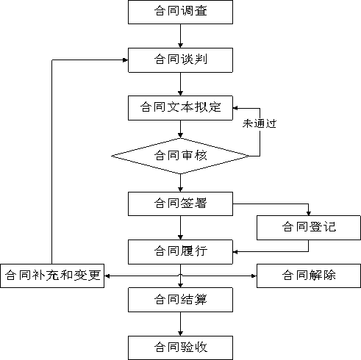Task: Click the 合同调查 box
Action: pyautogui.click(x=180, y=12)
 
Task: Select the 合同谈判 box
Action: pyautogui.click(x=180, y=60)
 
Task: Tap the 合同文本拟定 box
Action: pyautogui.click(x=180, y=108)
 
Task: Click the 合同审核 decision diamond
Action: pyautogui.click(x=180, y=156)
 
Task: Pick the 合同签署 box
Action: pyautogui.click(x=180, y=204)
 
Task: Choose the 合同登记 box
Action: pyautogui.click(x=309, y=228)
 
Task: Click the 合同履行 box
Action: pyautogui.click(x=180, y=252)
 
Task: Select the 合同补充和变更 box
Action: pyautogui.click(x=52, y=276)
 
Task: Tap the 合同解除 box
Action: pyautogui.click(x=309, y=276)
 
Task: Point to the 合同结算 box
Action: pyautogui.click(x=180, y=300)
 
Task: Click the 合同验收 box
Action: pyautogui.click(x=180, y=348)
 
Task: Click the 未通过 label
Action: pyautogui.click(x=260, y=123)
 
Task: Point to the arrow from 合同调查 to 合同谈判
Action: pyautogui.click(x=180, y=36)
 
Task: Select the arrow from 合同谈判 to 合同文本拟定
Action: pyautogui.click(x=180, y=84)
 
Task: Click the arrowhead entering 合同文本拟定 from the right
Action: pyautogui.click(x=235, y=108)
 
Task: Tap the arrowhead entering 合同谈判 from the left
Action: pyautogui.click(x=126, y=60)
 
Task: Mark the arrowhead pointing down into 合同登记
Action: pyautogui.click(x=309, y=213)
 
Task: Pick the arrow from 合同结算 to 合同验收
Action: pyautogui.click(x=180, y=324)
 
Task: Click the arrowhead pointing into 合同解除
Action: pyautogui.click(x=254, y=276)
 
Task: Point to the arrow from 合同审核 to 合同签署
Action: pyautogui.click(x=180, y=183)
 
